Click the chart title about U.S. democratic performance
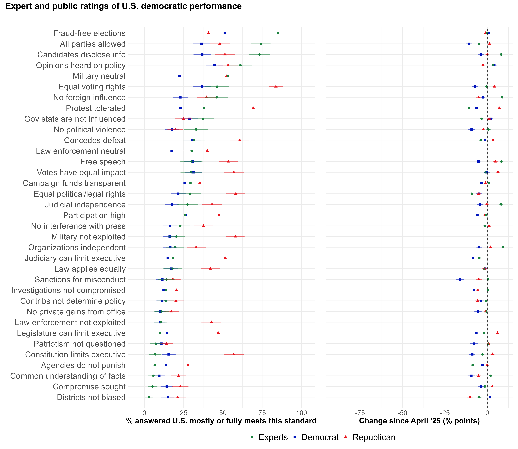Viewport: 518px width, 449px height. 124,6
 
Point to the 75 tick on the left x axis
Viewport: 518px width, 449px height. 262,413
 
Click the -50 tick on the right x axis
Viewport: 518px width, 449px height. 402,413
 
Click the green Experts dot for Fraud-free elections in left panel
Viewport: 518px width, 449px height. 278,33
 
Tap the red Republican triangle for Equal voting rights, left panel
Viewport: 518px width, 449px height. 276,86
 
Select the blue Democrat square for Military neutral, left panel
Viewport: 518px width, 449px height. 179,76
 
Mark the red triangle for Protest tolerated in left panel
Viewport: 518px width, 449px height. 253,108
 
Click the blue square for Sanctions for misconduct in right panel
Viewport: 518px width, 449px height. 460,279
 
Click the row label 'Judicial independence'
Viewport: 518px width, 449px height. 85,205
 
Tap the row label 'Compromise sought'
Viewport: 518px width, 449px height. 89,387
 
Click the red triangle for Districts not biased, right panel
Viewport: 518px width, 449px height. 470,397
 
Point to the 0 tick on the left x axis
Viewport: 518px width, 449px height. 144,413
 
